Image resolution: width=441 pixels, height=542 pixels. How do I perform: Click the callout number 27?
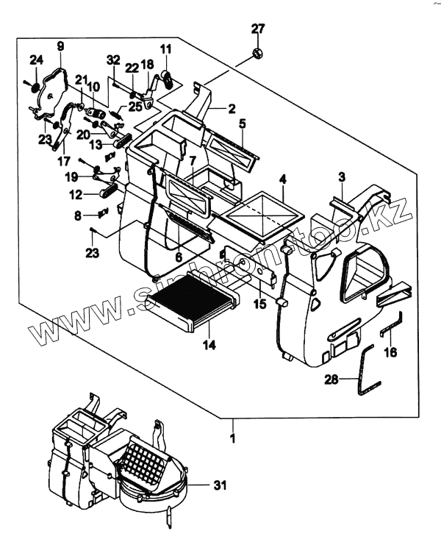coord(257,29)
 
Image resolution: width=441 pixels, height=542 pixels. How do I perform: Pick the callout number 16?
coord(390,352)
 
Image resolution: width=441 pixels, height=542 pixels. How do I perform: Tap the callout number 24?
coord(36,59)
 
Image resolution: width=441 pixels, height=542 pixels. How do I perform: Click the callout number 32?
coord(112,59)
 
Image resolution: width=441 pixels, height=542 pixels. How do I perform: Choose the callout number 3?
coord(342,176)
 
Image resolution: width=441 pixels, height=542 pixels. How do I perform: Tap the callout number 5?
coord(242,123)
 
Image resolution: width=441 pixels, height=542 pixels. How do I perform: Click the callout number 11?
coord(165,50)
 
